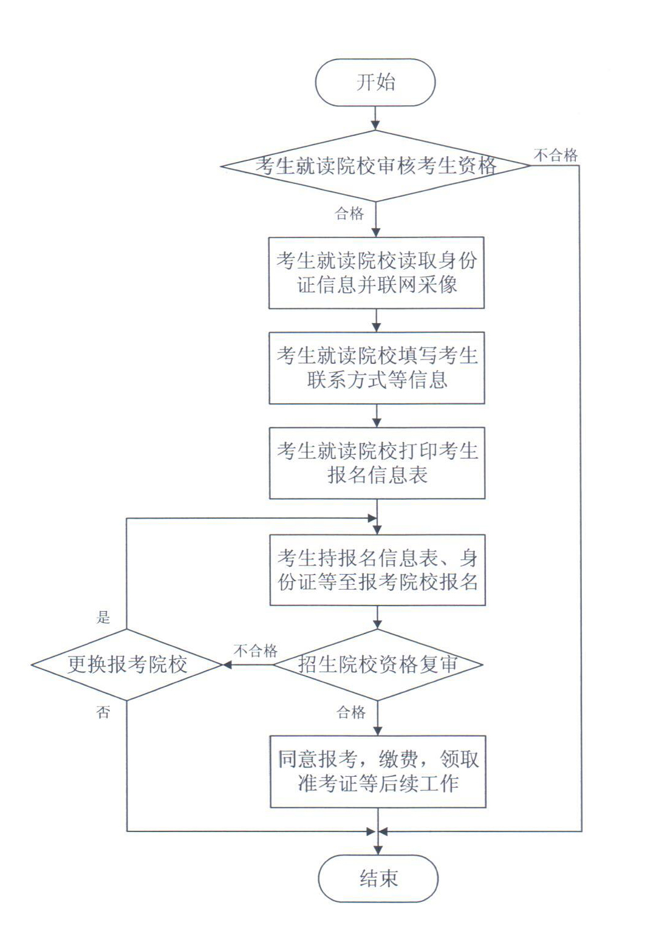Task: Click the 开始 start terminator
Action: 375,82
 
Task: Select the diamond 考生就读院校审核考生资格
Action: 375,166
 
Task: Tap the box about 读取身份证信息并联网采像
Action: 377,273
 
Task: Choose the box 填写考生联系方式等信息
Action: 377,368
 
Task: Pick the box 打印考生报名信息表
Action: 377,463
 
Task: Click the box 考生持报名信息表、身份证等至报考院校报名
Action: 378,570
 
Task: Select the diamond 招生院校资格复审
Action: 378,665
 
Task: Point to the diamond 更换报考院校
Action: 126,665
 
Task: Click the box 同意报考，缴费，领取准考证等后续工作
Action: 378,772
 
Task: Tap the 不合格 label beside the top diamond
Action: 556,155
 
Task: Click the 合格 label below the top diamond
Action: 350,213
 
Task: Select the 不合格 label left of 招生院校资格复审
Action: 256,651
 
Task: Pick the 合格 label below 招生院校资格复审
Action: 351,712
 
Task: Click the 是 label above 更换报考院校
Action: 103,618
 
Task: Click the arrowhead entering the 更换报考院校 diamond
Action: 227,665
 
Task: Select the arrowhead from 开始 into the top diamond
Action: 375,125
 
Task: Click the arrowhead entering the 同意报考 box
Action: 378,731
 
